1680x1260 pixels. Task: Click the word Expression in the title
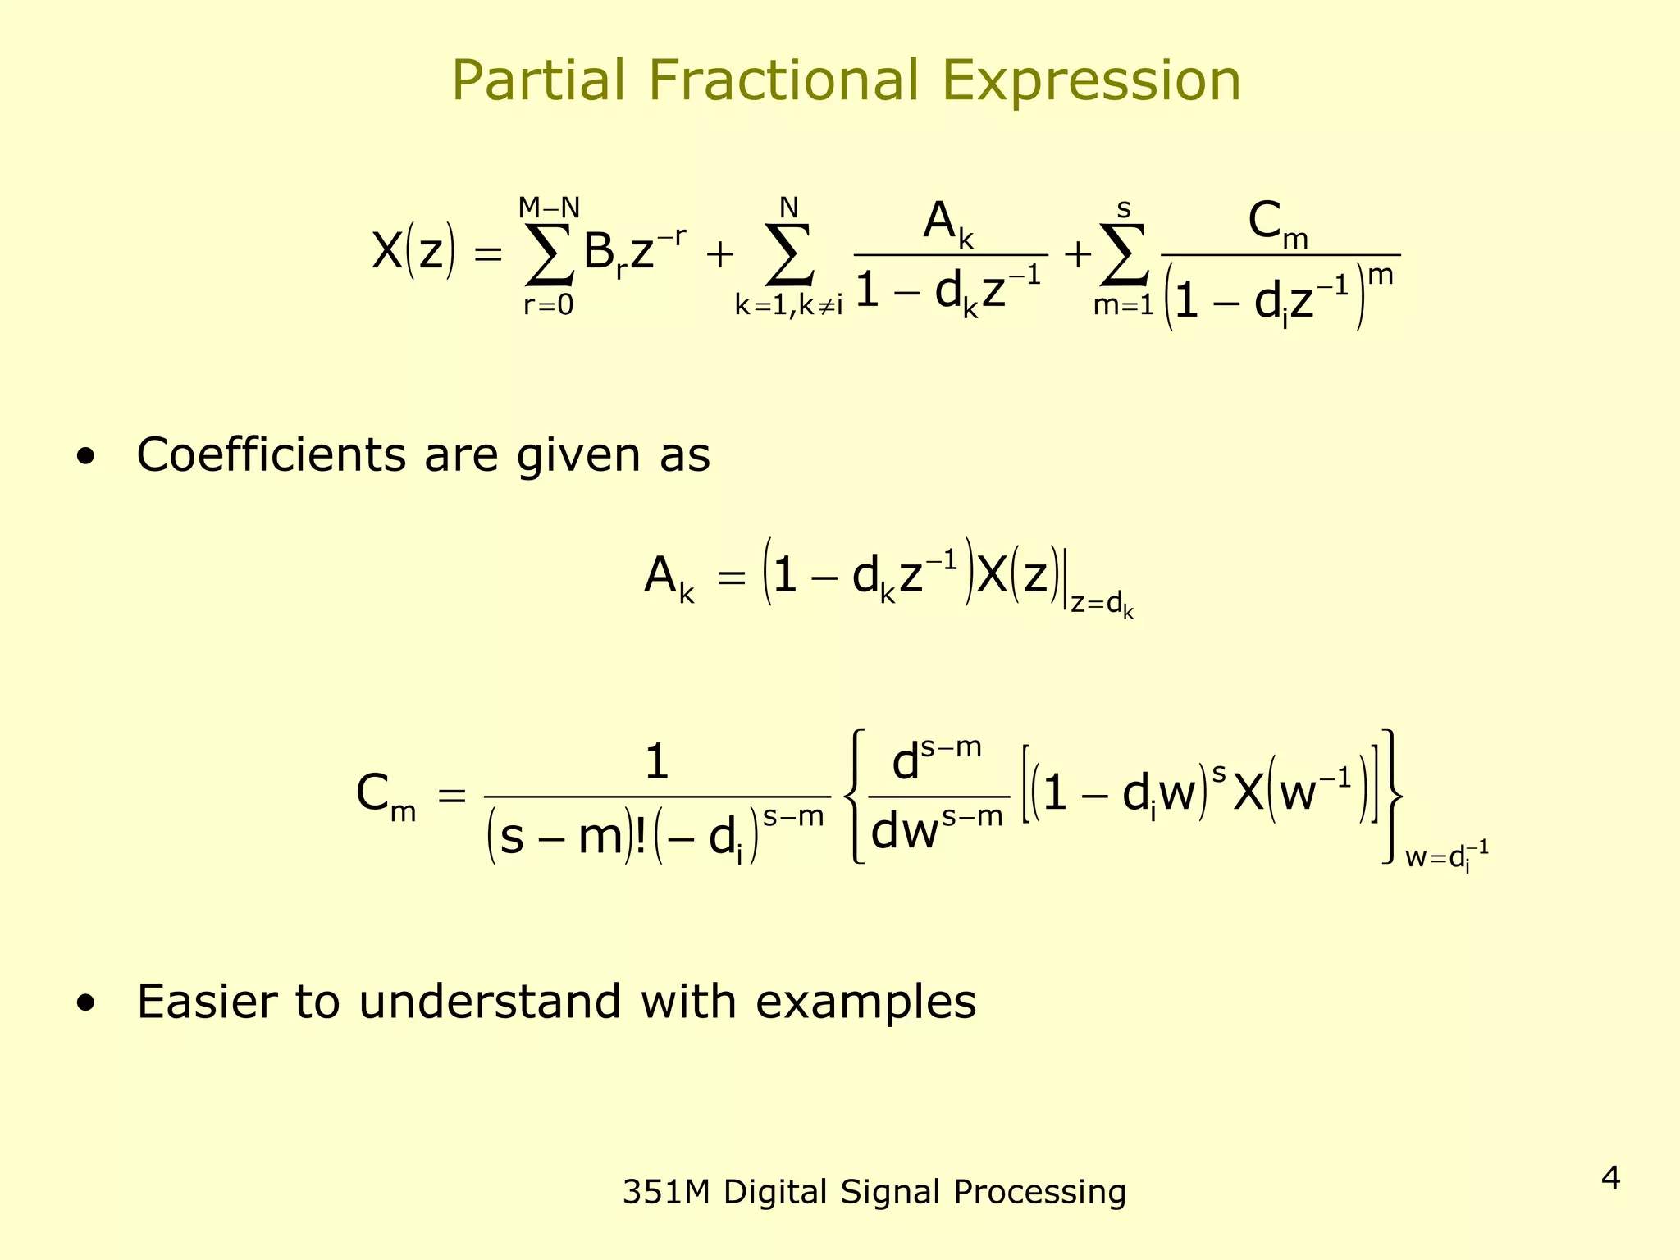1090,82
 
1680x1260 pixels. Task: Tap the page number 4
1610,1179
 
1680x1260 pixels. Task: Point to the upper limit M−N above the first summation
549,208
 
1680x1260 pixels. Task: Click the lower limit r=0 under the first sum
549,305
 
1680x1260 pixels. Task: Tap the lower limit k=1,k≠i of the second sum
788,305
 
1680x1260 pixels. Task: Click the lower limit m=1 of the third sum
1123,305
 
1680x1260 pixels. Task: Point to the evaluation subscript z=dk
1102,605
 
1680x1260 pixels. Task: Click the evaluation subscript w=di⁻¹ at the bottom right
1446,857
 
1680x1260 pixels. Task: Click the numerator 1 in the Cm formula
657,763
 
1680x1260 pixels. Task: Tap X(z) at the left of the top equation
413,251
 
